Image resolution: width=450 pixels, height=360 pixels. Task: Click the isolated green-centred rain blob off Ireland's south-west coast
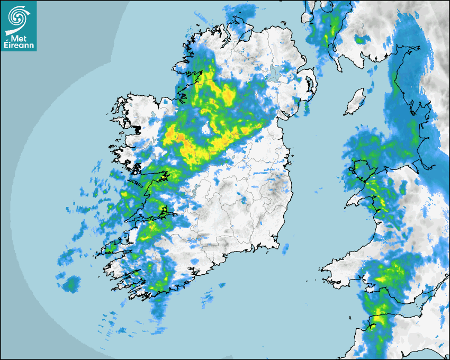point(70,285)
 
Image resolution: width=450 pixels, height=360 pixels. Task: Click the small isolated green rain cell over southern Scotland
point(361,39)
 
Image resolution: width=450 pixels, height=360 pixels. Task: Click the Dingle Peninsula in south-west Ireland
point(111,247)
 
